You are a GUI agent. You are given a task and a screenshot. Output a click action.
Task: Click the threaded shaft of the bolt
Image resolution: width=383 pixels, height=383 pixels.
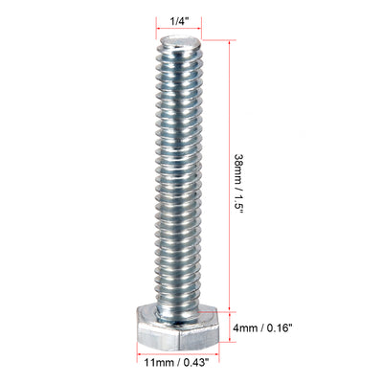click(179, 172)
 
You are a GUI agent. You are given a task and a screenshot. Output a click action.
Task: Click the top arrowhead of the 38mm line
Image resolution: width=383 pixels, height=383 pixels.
click(231, 39)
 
